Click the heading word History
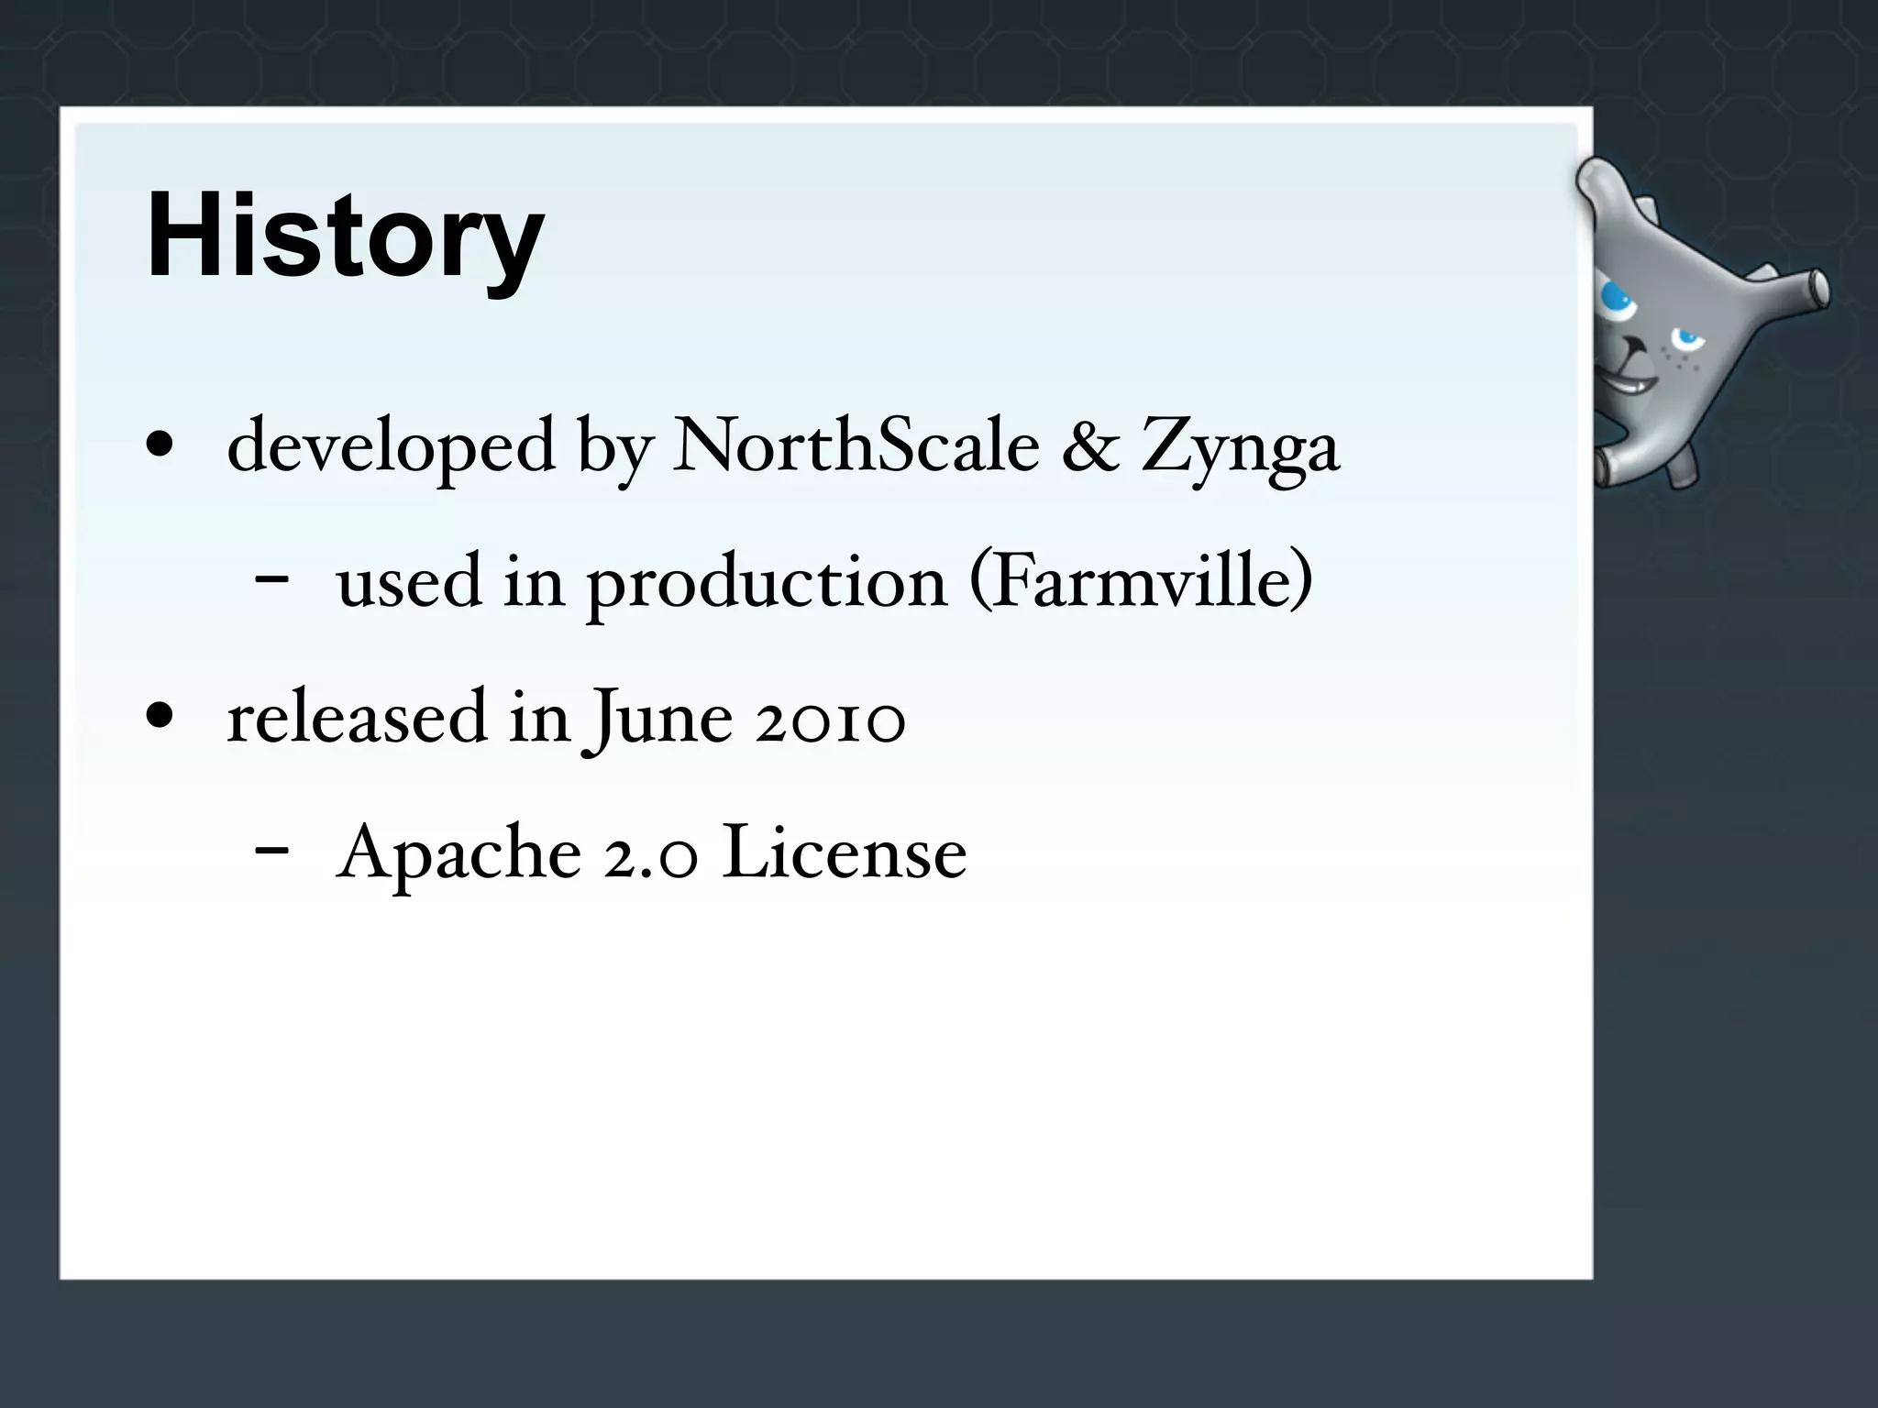(345, 236)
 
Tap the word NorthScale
(856, 446)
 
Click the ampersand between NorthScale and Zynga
(1090, 446)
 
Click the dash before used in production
(272, 580)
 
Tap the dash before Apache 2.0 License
(272, 851)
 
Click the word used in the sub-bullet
(409, 582)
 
